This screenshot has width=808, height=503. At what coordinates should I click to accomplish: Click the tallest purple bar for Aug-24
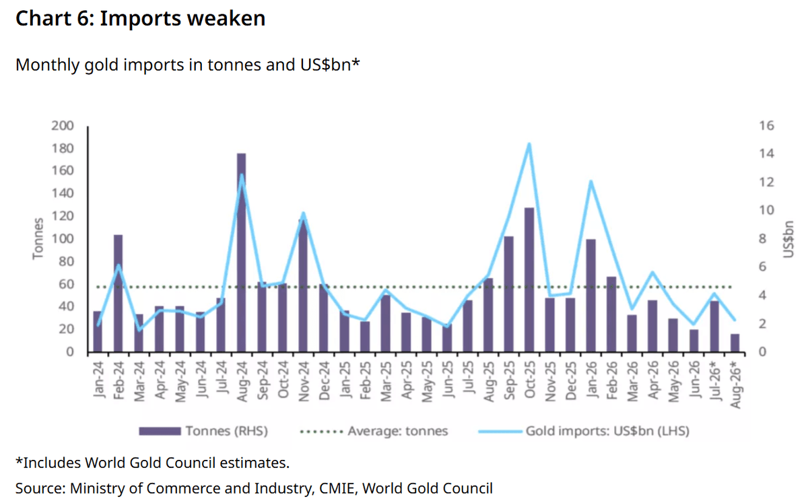point(241,253)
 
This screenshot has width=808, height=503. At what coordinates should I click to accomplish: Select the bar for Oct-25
point(529,279)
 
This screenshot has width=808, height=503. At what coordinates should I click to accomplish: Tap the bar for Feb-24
point(119,294)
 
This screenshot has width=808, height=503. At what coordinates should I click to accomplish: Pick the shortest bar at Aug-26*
point(735,343)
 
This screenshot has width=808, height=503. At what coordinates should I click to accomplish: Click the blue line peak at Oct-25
point(529,144)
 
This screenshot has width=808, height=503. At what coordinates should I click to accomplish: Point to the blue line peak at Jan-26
point(591,180)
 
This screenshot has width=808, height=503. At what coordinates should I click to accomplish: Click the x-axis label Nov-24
point(304,382)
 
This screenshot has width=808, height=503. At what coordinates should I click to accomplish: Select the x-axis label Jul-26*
point(715,380)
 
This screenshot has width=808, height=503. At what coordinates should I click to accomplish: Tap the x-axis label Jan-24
point(98,380)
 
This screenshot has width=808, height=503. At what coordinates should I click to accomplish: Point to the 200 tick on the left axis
point(63,125)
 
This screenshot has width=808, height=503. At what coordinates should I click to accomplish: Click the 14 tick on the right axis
point(767,154)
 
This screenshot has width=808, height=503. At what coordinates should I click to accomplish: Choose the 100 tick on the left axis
point(63,238)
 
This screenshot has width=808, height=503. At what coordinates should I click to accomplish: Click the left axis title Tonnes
point(38,238)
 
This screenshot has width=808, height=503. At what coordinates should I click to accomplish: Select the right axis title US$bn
point(788,239)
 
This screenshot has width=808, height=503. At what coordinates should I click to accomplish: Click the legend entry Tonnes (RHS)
point(203,431)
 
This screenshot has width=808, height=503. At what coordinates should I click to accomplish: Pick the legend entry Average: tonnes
point(374,431)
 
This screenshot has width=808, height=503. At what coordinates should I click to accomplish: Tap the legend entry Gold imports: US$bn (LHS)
point(584,431)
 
